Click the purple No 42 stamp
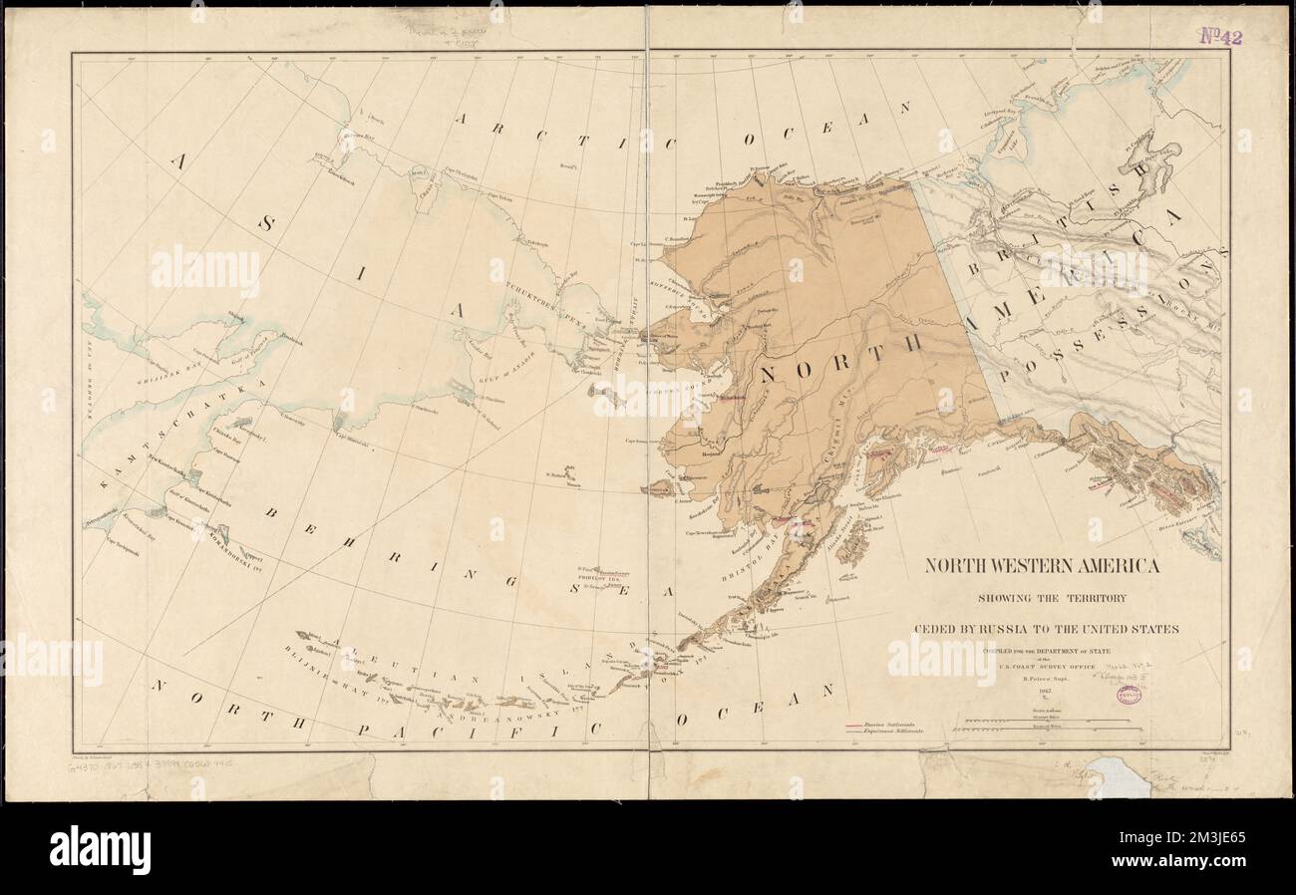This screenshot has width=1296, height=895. tap(1219, 37)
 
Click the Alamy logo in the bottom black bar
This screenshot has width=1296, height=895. tap(100, 849)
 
